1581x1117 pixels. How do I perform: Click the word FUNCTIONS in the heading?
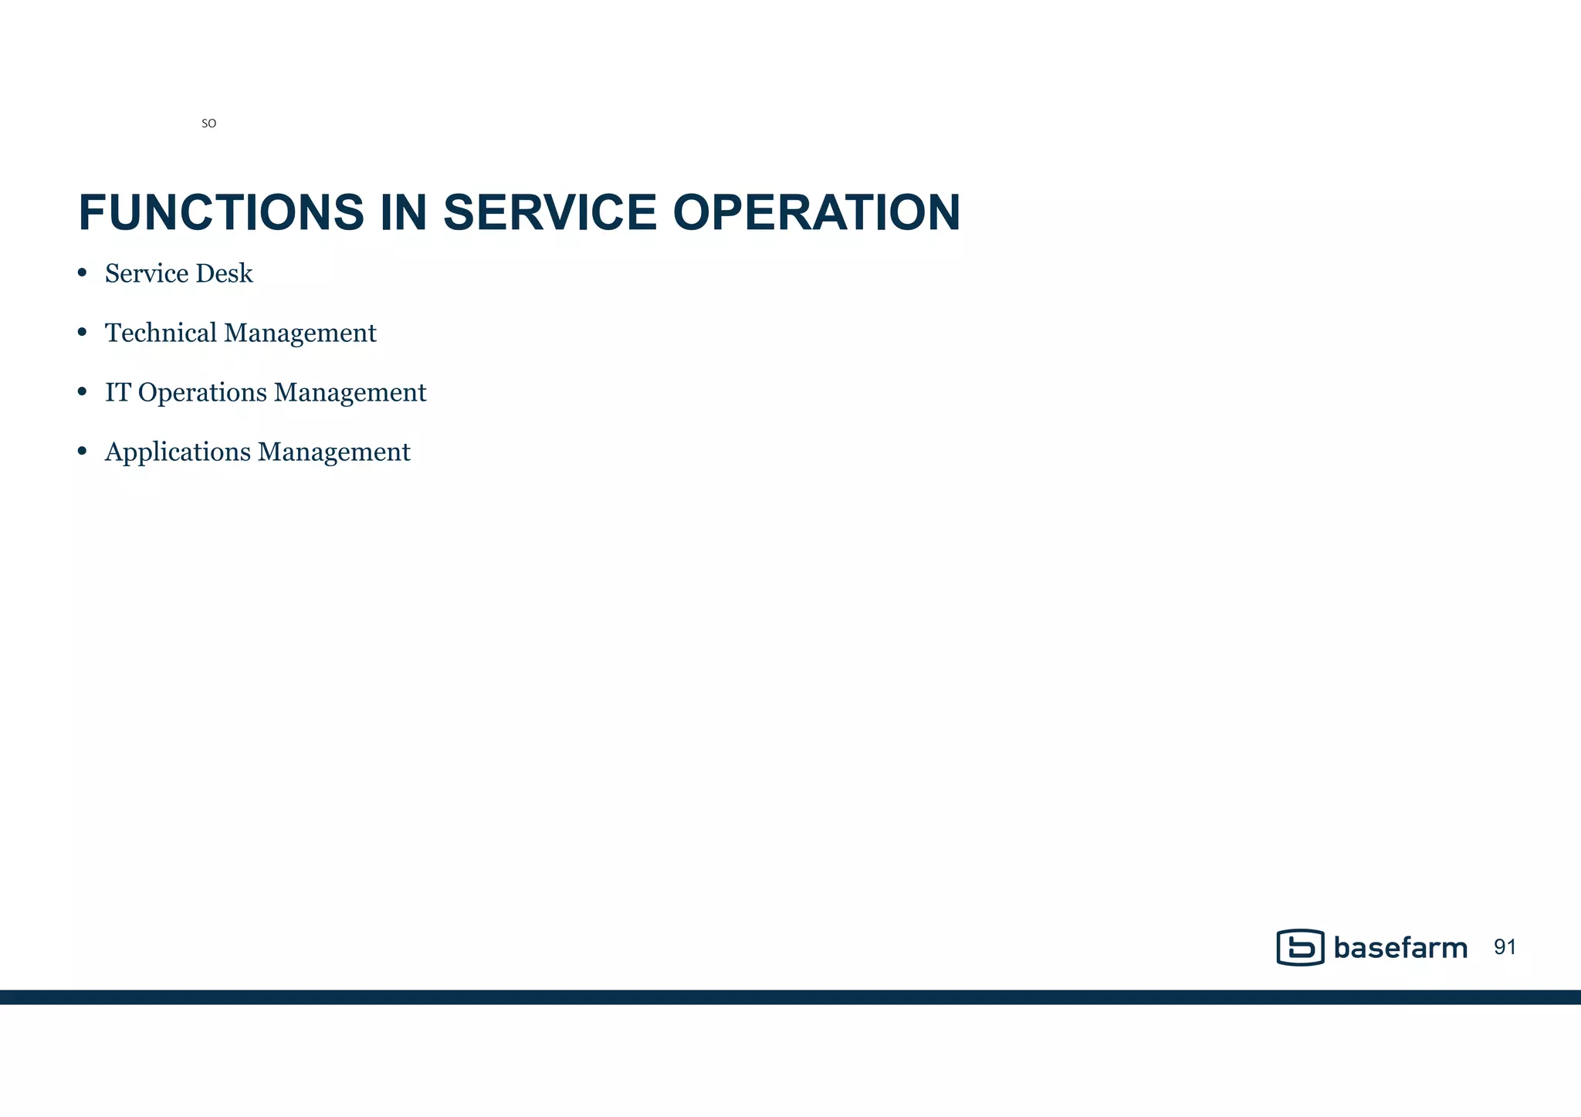(x=221, y=213)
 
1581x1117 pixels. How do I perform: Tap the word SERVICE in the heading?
(x=550, y=213)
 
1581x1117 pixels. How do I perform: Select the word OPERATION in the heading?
(x=816, y=213)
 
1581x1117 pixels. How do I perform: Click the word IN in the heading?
(x=403, y=213)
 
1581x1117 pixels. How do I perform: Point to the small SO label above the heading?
(x=208, y=124)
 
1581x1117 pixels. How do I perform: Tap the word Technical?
(x=161, y=333)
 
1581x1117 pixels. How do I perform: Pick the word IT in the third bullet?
(x=117, y=392)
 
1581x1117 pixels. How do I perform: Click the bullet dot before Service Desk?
(x=82, y=272)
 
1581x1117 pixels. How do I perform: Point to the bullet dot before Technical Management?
(x=82, y=332)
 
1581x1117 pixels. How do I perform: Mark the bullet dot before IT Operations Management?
(x=82, y=391)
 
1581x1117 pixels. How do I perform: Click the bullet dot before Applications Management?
(x=82, y=451)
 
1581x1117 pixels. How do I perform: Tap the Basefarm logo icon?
(x=1300, y=947)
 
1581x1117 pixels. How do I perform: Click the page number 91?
(x=1505, y=947)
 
